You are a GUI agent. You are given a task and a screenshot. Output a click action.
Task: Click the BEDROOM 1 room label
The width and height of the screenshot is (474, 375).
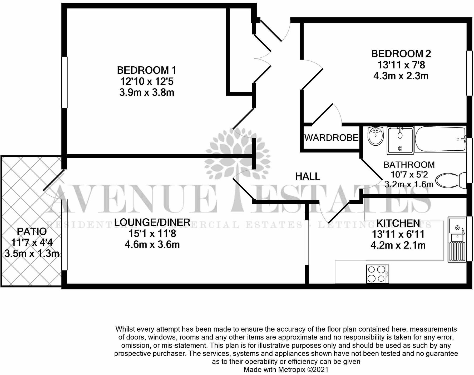(x=146, y=70)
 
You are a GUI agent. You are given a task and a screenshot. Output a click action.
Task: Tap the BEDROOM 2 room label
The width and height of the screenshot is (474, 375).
(x=401, y=54)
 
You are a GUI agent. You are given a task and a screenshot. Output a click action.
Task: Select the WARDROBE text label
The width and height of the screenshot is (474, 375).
(x=331, y=137)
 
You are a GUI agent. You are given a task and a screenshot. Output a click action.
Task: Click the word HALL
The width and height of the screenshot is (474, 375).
(x=308, y=176)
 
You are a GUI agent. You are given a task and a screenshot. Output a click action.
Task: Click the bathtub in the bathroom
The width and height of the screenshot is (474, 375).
(x=440, y=139)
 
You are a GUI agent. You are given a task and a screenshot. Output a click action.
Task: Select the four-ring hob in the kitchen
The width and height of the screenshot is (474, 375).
(x=377, y=274)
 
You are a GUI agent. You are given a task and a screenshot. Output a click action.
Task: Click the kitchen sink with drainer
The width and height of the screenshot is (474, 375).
(x=457, y=239)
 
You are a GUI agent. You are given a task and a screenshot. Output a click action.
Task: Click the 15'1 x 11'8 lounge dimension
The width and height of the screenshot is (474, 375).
(x=152, y=233)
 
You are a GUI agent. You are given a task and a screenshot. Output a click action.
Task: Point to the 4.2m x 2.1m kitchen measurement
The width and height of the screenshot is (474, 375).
(x=398, y=245)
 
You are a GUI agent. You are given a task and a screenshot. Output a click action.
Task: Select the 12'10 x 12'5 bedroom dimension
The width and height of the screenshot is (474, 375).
(x=147, y=81)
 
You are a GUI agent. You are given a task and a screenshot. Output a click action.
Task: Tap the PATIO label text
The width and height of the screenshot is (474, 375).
(x=32, y=231)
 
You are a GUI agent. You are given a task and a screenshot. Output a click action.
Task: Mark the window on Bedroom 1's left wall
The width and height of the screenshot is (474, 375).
(x=64, y=82)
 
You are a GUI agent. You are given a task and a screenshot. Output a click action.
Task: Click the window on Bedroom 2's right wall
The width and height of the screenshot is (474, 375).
(x=469, y=73)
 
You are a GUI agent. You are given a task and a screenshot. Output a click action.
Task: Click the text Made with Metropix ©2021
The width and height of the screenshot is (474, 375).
(x=286, y=369)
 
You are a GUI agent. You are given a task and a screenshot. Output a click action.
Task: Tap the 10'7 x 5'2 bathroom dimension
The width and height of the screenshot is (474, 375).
(x=409, y=174)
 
